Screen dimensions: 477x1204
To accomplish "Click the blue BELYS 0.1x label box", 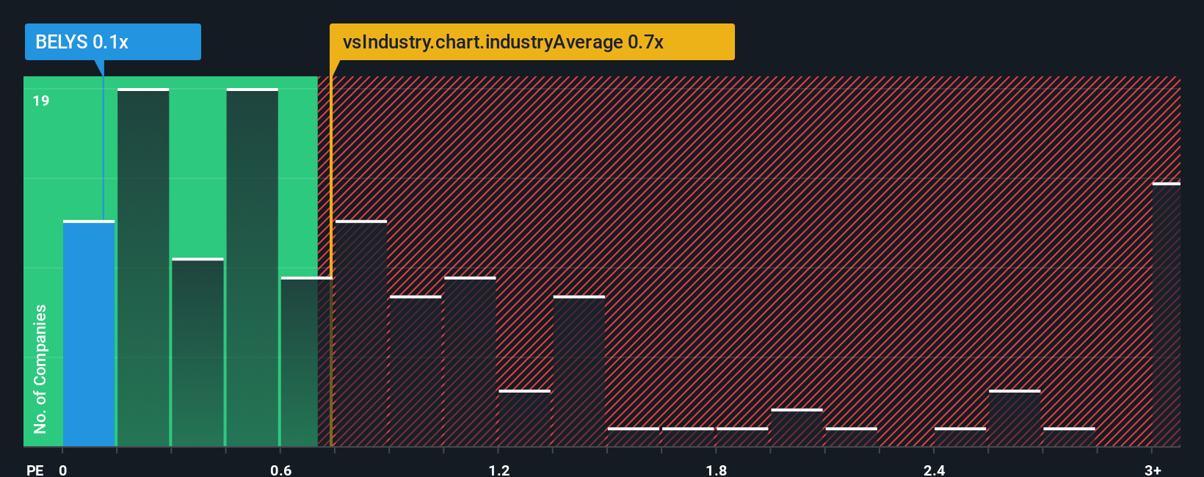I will coord(112,42).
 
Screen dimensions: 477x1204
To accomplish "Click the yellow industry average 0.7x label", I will coord(532,42).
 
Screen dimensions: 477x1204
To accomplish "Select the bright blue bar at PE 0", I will coord(89,334).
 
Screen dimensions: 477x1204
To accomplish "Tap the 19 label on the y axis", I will coord(41,101).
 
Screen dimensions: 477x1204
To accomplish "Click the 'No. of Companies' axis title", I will coord(40,368).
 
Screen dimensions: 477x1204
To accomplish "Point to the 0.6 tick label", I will coord(280,470).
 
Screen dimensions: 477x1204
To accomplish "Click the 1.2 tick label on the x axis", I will coord(498,470).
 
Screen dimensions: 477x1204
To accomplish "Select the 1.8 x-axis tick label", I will coord(717,470).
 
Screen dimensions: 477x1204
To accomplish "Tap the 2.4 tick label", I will coord(934,470).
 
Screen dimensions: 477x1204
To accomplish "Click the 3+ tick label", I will coord(1153,470).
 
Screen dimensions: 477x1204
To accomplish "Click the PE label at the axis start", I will coord(35,470).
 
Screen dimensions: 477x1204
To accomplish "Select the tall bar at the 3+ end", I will coord(1166,316).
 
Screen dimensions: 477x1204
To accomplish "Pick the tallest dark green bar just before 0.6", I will coord(252,268).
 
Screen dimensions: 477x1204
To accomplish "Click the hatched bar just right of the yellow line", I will coord(360,334).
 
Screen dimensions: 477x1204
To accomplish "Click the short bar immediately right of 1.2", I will coord(524,418).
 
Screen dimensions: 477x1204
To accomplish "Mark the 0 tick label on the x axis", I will coord(63,470).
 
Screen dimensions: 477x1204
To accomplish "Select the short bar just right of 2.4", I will coord(960,437).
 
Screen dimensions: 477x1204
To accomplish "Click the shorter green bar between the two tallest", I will coord(197,352).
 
